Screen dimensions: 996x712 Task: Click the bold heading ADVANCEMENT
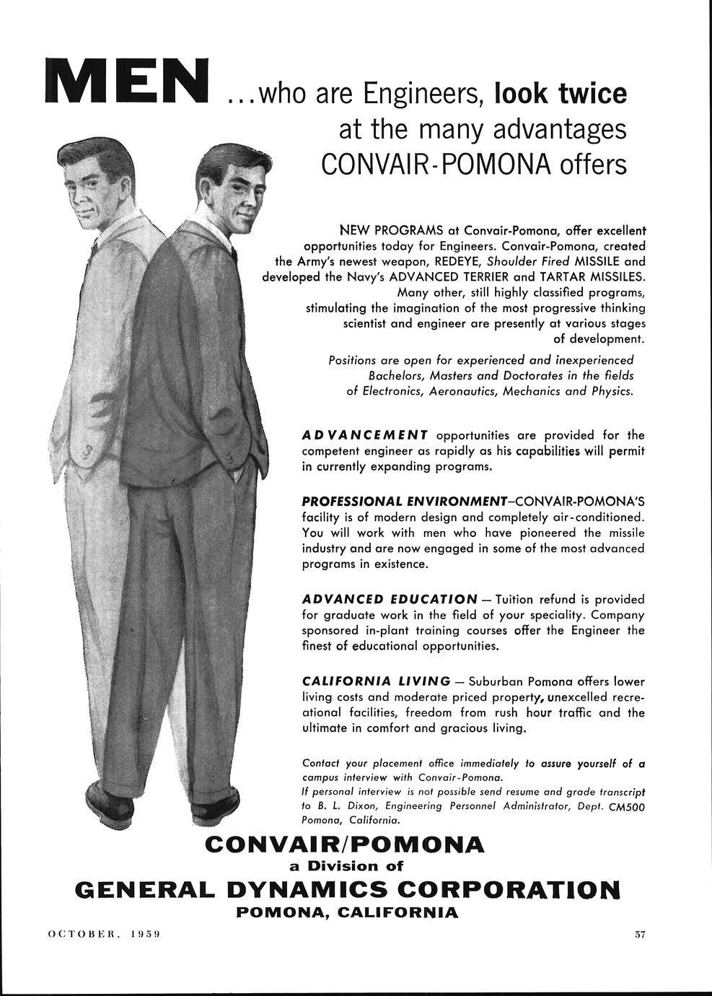365,435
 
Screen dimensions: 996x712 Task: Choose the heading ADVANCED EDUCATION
390,600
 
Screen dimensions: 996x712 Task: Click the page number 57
639,934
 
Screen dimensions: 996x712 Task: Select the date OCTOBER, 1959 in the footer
103,934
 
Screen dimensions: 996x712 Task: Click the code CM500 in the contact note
626,806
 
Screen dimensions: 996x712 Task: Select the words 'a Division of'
341,865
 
